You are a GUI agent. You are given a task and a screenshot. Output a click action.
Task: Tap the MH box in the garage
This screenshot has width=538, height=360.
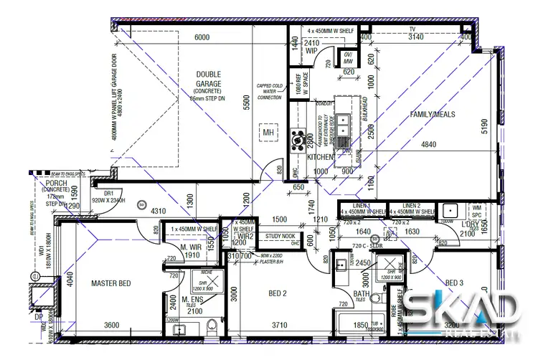(268, 133)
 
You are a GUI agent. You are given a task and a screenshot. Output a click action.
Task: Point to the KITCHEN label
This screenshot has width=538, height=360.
(321, 156)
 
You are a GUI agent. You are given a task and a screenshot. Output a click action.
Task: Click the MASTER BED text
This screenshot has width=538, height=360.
(111, 284)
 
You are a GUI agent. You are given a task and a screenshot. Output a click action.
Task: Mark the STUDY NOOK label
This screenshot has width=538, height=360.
(280, 235)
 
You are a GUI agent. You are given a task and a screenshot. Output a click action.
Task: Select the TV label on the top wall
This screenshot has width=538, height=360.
(412, 29)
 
